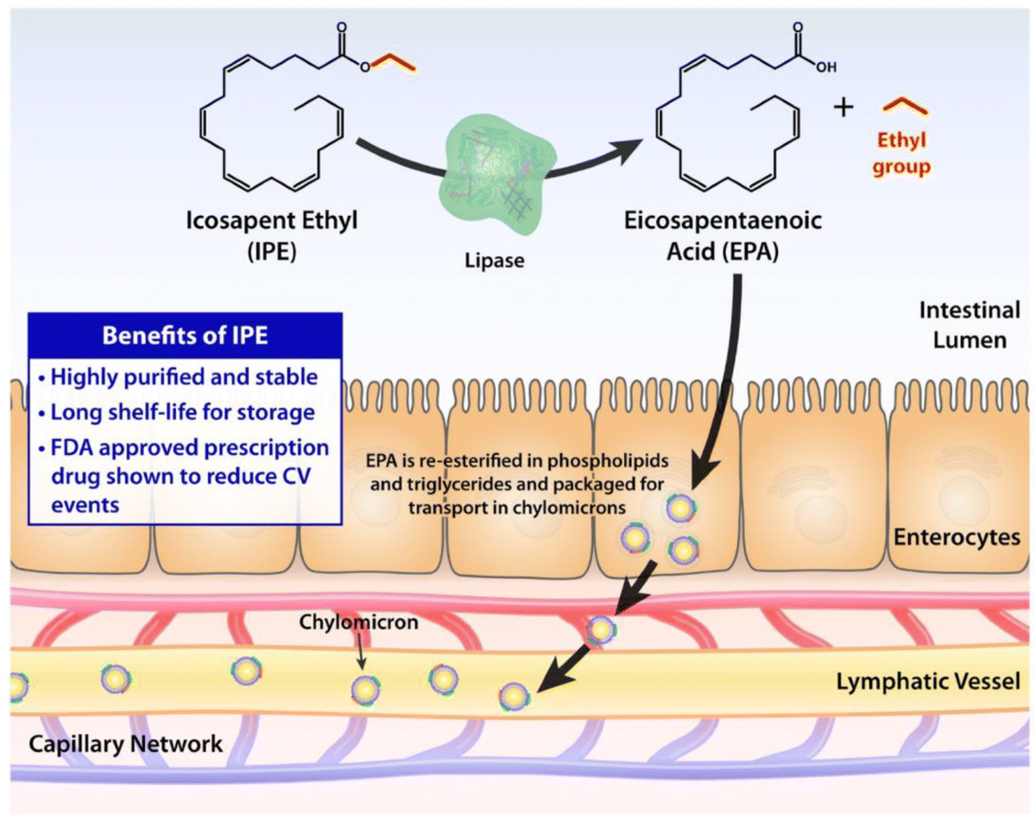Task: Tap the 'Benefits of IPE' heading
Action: [x=185, y=336]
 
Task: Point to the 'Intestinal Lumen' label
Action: [x=969, y=324]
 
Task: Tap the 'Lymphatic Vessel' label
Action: [x=928, y=681]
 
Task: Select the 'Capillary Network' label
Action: [x=126, y=743]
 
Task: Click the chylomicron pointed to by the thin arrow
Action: [x=365, y=688]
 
